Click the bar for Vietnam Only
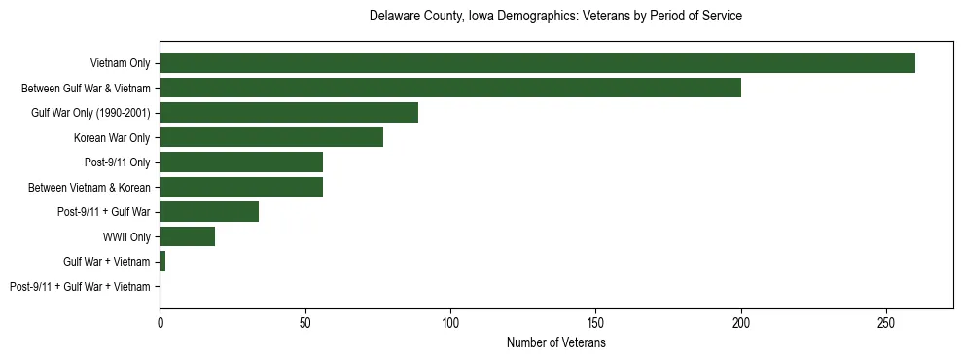[537, 63]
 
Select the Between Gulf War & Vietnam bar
[450, 88]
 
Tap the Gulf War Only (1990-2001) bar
[289, 113]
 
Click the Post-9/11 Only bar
[241, 162]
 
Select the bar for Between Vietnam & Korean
[241, 187]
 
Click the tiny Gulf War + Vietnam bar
[162, 262]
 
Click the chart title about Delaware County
[555, 17]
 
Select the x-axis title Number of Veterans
[555, 343]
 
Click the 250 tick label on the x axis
[886, 322]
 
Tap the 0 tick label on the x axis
[160, 322]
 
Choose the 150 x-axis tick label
[595, 322]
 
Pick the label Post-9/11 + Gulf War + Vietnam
[80, 286]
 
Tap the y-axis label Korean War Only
[112, 137]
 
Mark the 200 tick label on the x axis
[741, 322]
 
